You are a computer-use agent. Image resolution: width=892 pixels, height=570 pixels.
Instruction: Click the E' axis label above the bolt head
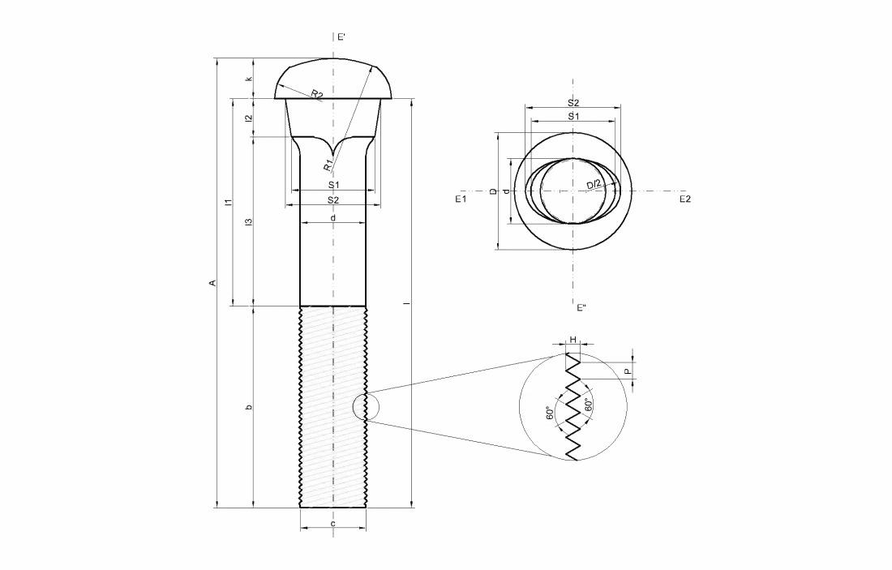341,37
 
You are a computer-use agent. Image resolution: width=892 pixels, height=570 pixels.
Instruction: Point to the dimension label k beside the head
248,79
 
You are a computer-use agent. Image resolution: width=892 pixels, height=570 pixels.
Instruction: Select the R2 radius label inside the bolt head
317,94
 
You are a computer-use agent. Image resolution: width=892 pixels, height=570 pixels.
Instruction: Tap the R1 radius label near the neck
328,165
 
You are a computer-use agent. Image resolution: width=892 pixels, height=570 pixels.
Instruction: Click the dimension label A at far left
212,283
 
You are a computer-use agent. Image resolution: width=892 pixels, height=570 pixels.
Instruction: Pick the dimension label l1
228,202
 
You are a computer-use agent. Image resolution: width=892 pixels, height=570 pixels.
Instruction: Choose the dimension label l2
248,118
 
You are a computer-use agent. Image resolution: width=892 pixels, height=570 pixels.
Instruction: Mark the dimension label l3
248,222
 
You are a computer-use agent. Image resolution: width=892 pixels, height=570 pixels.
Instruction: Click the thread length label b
248,407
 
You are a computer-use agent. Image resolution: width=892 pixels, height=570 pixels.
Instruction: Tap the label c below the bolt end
332,523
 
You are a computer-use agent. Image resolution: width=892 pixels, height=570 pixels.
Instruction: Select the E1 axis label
461,199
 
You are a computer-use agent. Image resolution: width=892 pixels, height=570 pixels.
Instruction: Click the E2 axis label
685,199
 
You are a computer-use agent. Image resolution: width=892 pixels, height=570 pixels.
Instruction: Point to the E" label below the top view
581,308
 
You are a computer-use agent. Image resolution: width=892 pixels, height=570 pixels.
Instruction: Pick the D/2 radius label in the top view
594,184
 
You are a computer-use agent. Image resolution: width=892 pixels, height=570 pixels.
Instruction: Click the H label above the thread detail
573,340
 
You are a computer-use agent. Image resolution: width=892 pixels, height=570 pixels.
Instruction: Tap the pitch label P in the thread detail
627,371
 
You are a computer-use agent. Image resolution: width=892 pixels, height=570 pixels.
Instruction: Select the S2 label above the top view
573,103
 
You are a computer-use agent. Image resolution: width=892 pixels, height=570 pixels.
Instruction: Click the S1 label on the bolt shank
333,185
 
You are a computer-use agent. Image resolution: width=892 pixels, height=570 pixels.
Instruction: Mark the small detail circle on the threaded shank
365,406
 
